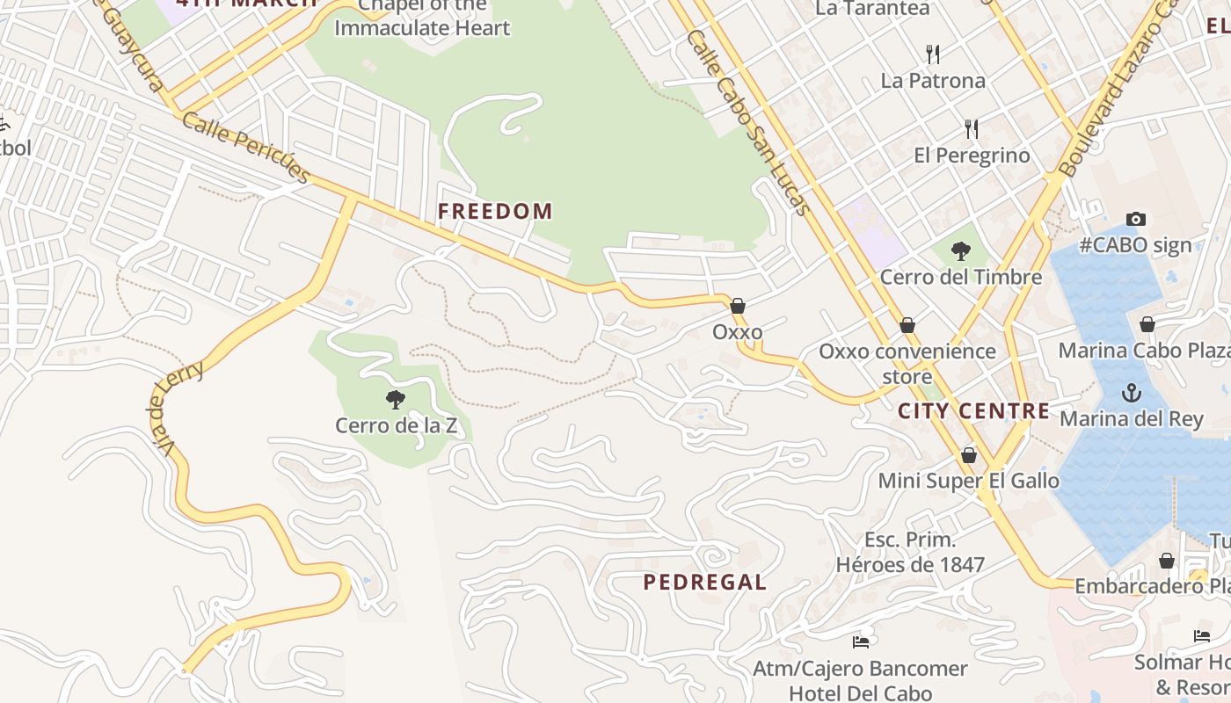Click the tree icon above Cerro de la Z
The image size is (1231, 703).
(396, 400)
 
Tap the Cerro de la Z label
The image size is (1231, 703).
(397, 426)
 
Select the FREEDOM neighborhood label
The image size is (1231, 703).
(495, 211)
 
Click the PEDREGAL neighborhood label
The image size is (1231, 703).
(704, 582)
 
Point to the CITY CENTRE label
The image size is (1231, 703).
(973, 410)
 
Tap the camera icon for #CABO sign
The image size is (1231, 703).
(1135, 220)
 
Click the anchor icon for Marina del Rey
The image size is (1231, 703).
(1131, 393)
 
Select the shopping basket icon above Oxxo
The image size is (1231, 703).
(738, 306)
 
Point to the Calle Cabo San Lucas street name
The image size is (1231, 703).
(748, 123)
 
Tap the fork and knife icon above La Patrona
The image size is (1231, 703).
(933, 54)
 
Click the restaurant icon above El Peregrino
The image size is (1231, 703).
(971, 129)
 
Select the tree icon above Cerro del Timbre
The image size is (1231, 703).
(961, 251)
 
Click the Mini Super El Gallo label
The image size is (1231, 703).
(968, 481)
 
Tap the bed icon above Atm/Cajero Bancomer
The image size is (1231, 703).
(861, 642)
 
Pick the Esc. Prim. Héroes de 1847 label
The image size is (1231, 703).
(910, 552)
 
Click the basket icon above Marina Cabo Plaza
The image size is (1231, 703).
(1147, 324)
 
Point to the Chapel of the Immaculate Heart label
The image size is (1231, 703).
(422, 18)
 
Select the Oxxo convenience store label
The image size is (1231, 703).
(907, 364)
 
